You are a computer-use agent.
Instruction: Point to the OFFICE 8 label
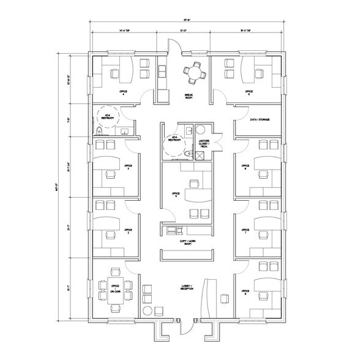pyautogui.click(x=245, y=291)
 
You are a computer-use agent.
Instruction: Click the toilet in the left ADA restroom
pyautogui.click(x=99, y=129)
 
